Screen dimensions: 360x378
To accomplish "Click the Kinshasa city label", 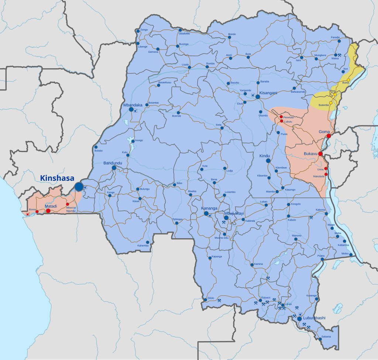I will click(x=57, y=178).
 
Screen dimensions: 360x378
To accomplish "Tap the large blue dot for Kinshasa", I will click(x=79, y=187).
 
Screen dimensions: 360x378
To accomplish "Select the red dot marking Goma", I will click(x=329, y=136).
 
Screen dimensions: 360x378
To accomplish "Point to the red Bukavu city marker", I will click(x=321, y=153).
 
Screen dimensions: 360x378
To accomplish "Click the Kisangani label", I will click(x=268, y=93).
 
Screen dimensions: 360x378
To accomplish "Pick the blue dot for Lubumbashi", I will click(x=299, y=319).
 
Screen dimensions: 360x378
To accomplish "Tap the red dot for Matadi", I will click(x=48, y=211).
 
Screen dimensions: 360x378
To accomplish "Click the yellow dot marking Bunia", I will click(x=348, y=80).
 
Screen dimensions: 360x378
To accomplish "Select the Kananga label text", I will click(x=209, y=208).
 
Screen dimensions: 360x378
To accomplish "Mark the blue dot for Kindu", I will click(x=268, y=160).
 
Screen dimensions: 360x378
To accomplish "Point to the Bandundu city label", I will click(x=113, y=163).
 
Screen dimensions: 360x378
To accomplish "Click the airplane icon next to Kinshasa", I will click(x=86, y=187).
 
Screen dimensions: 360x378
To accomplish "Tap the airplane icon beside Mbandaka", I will click(x=136, y=110).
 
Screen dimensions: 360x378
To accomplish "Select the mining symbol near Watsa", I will click(x=340, y=55).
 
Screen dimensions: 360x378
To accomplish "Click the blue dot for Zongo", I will click(x=138, y=31).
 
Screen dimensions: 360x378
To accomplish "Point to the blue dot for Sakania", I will click(x=320, y=339).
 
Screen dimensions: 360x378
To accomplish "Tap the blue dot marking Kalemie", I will click(x=326, y=214).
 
